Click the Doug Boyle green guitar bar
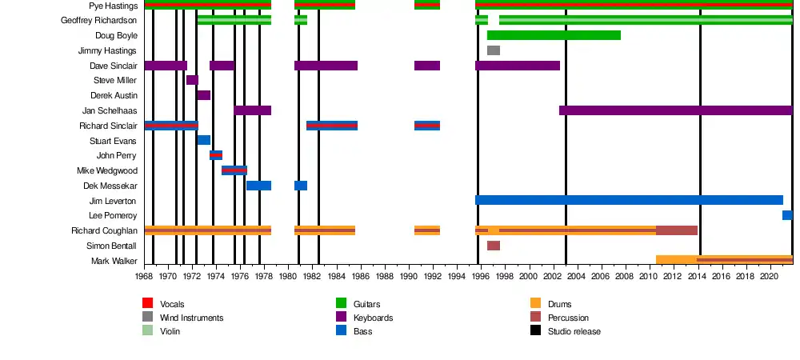point(554,35)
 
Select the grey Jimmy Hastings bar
point(494,50)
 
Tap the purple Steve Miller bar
point(192,80)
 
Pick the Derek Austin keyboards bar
point(204,95)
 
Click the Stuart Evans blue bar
point(204,140)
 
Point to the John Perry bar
point(216,155)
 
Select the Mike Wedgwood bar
point(234,170)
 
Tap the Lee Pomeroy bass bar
point(787,215)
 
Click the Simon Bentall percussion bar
point(494,246)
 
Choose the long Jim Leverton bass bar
point(629,200)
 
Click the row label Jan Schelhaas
point(110,110)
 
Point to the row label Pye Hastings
point(114,6)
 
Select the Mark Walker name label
point(114,261)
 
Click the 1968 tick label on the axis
point(144,276)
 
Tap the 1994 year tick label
point(457,276)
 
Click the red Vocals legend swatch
point(147,304)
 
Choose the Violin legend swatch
point(147,331)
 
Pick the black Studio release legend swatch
point(536,331)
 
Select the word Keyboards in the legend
point(374,318)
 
